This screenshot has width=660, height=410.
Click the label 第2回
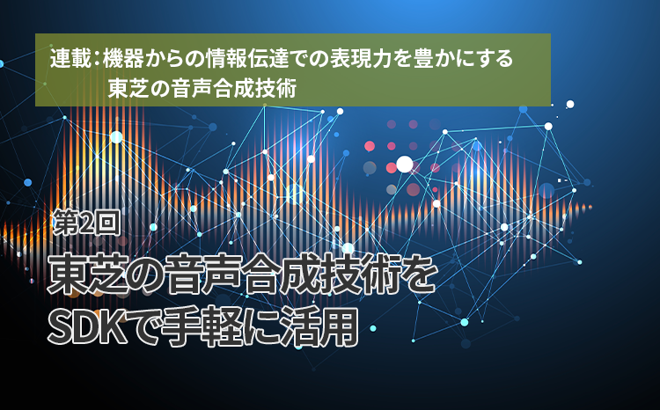coord(86,223)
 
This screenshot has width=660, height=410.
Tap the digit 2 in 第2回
coord(86,223)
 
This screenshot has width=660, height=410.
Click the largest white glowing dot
coord(405,165)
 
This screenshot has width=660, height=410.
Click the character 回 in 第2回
coord(107,223)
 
